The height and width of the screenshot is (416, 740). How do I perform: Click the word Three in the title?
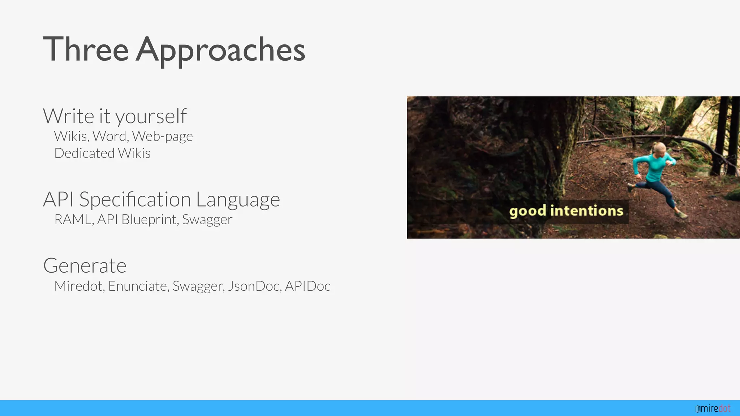point(86,49)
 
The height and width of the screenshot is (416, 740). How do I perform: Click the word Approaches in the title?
point(220,51)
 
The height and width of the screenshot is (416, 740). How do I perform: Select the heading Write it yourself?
point(115,116)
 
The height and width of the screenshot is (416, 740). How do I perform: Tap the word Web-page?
point(162,136)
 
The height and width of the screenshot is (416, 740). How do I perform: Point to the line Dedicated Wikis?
point(102,153)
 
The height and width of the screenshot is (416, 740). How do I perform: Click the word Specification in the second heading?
point(135,199)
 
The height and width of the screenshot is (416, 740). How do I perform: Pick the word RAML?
point(73,220)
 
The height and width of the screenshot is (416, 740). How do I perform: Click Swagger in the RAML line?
point(207,220)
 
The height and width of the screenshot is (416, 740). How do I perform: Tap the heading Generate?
point(85,266)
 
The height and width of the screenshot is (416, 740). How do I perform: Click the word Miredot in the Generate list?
point(79,286)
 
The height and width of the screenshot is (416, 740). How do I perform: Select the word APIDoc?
point(307,286)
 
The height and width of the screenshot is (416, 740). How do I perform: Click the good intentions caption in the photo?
point(566,211)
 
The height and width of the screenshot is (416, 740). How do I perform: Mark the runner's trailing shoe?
point(631,187)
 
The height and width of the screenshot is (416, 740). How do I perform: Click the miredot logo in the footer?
point(713,408)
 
